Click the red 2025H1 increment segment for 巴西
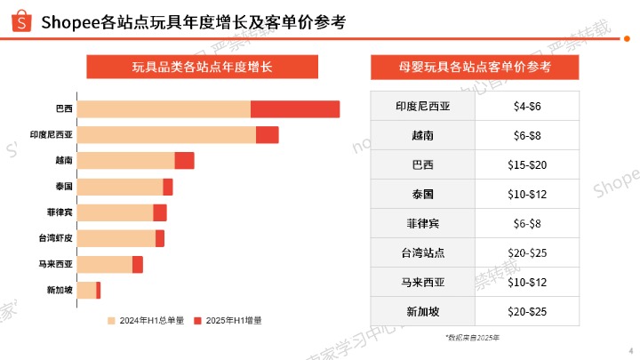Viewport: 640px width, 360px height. [x=295, y=109]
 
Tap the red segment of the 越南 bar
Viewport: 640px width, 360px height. [x=184, y=161]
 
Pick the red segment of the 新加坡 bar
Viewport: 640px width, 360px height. [x=99, y=291]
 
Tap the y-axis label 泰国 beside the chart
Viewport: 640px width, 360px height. [x=63, y=187]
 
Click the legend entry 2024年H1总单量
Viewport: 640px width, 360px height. [x=150, y=320]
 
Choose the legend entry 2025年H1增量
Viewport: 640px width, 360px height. [x=233, y=320]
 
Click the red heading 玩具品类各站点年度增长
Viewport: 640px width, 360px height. [x=202, y=68]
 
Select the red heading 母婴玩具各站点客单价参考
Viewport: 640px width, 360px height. [x=475, y=68]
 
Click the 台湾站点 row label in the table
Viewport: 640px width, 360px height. [x=423, y=252]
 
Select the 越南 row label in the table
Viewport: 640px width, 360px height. [x=423, y=135]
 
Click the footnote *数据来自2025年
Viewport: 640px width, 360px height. [x=473, y=338]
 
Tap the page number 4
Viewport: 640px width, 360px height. [x=628, y=351]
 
